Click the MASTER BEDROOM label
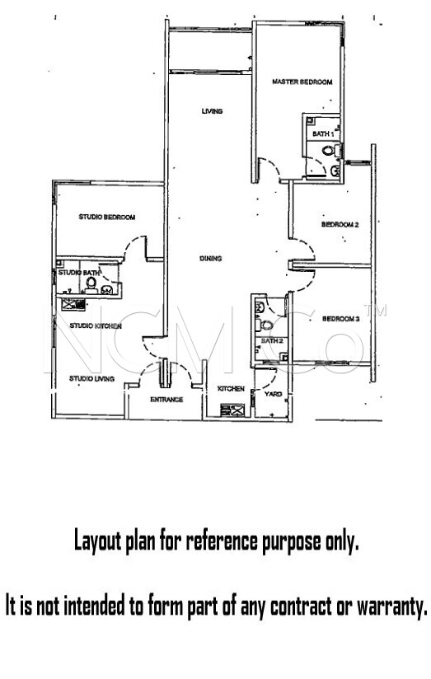click(302, 82)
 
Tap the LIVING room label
click(212, 111)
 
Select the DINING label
click(210, 259)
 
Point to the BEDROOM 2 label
click(340, 225)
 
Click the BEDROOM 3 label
click(341, 319)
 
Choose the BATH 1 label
click(323, 133)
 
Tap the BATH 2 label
click(272, 341)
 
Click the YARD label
click(273, 394)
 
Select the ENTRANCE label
click(166, 400)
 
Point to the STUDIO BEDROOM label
click(107, 217)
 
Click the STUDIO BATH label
click(79, 273)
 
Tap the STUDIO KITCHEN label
click(96, 325)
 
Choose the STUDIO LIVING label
click(91, 378)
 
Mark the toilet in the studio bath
click(91, 285)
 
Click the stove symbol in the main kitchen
click(232, 410)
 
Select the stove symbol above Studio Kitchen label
click(73, 304)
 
